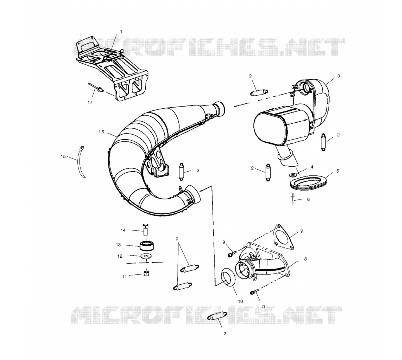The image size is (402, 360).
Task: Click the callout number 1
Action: tap(121, 31)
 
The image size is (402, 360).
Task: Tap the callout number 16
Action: tap(102, 132)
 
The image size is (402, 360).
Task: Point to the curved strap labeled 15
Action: tap(81, 162)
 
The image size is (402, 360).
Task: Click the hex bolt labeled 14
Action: tap(145, 230)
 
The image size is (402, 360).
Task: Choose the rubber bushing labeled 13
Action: tap(146, 246)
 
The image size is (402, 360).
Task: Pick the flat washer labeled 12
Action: tap(146, 256)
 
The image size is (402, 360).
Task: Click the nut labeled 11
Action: tap(147, 273)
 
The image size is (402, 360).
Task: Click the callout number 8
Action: tap(305, 259)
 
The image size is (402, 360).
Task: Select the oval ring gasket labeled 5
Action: tap(306, 183)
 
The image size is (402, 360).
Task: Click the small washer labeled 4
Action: tap(292, 175)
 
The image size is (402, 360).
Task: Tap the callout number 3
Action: tap(338, 76)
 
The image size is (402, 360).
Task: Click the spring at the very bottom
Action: tap(217, 317)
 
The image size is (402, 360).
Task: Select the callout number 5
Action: tap(338, 171)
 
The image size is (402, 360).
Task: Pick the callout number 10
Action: tap(241, 301)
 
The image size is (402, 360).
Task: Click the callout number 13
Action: tap(118, 245)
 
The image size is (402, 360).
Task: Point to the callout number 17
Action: tap(90, 102)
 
